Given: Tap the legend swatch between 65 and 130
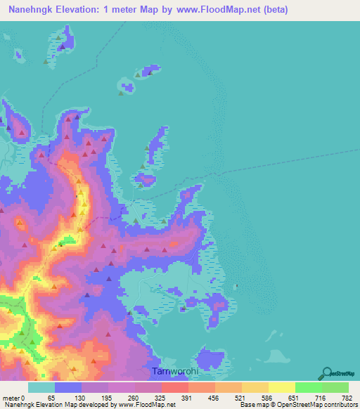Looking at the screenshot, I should coord(68,388).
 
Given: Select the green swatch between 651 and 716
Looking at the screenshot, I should coord(308,388).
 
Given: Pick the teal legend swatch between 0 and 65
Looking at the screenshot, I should coord(41,388).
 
